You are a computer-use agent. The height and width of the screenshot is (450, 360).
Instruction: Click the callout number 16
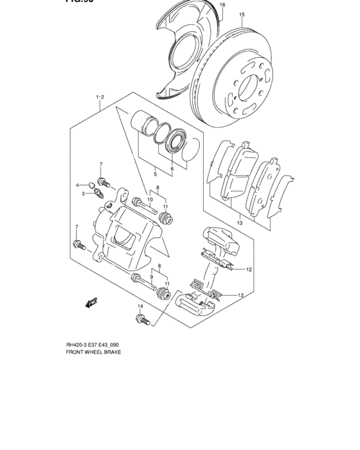[222, 5]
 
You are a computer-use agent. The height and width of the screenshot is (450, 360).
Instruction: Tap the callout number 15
[242, 15]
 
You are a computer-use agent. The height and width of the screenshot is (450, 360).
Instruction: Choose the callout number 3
[83, 193]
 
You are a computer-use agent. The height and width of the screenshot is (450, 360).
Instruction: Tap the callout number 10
[150, 200]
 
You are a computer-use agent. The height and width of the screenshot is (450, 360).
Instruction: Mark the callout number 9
[152, 277]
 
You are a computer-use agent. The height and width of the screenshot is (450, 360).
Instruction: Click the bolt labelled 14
[142, 318]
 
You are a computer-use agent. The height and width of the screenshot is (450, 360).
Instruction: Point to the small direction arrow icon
[91, 301]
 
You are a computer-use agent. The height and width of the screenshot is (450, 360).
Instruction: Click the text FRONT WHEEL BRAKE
[93, 353]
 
